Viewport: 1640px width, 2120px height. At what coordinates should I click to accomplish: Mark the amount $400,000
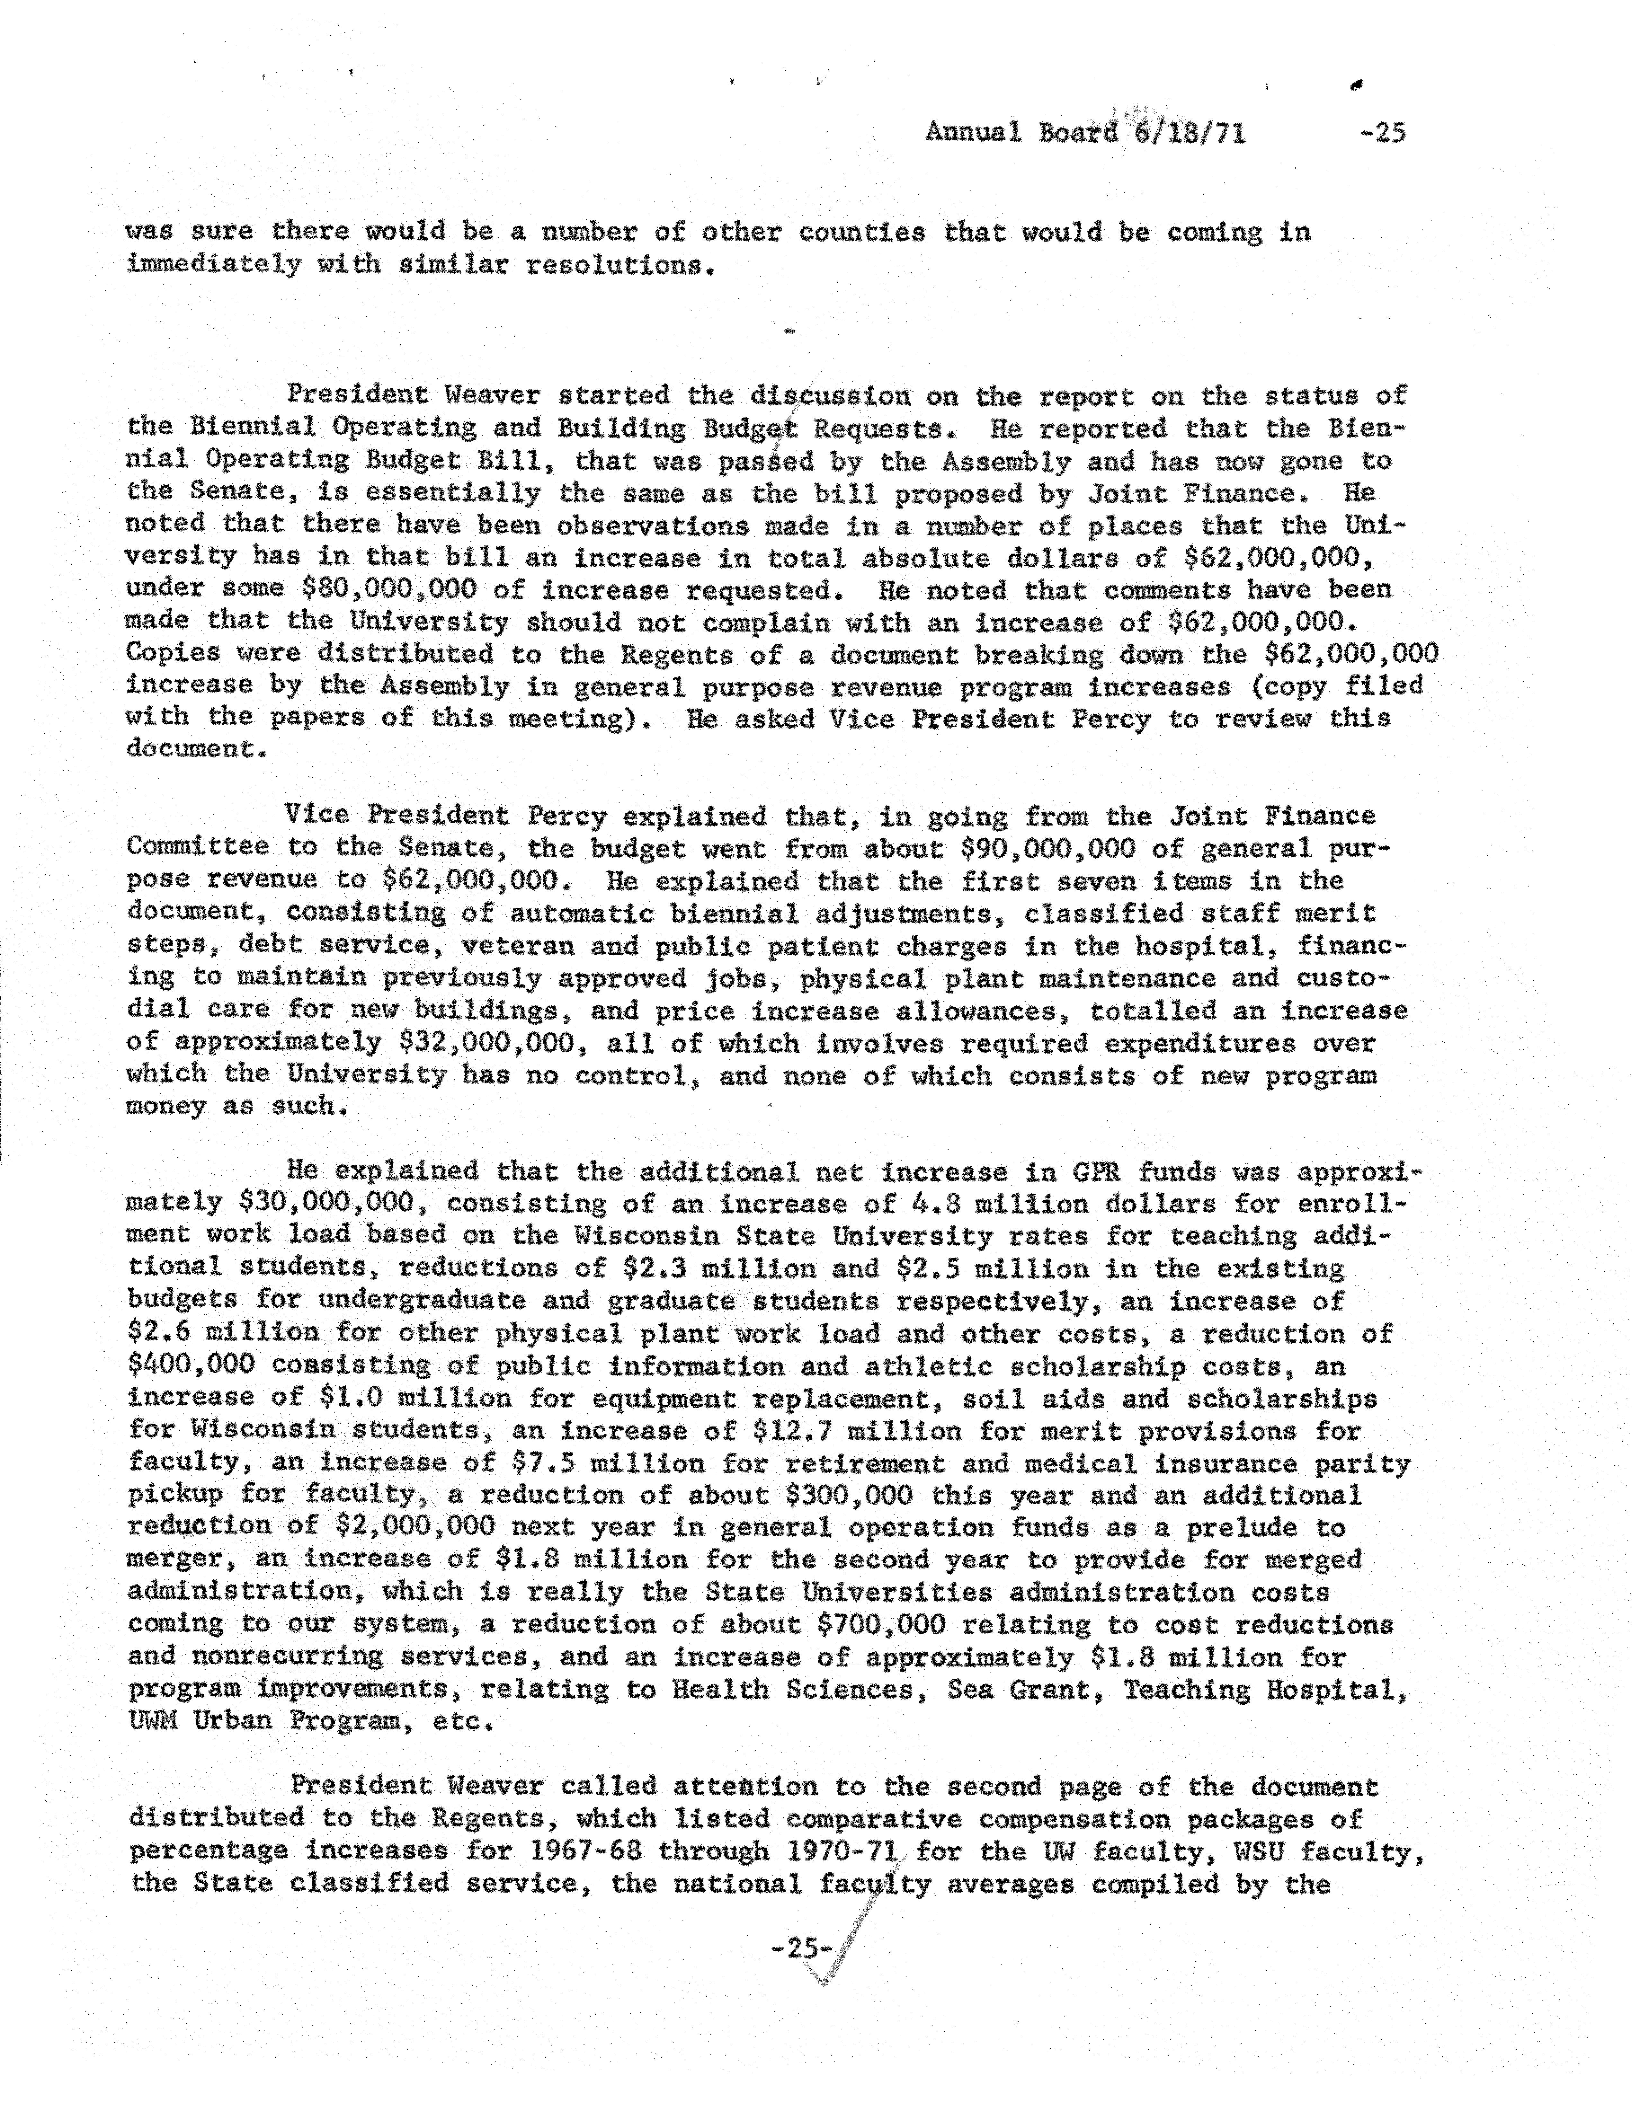coord(191,1366)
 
